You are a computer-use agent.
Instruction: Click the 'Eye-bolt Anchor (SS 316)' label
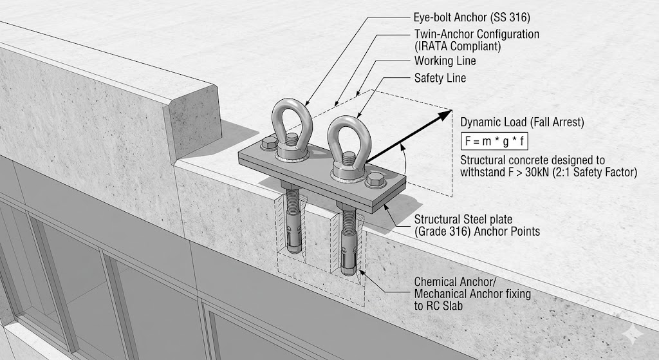[463, 17]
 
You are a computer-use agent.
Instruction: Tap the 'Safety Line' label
[440, 78]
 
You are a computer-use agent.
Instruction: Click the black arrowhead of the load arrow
[444, 116]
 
